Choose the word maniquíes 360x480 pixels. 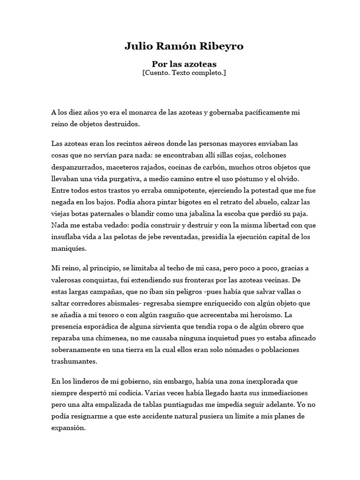tap(69, 249)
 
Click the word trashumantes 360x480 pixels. tap(74, 362)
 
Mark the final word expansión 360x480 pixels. tap(69, 427)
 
